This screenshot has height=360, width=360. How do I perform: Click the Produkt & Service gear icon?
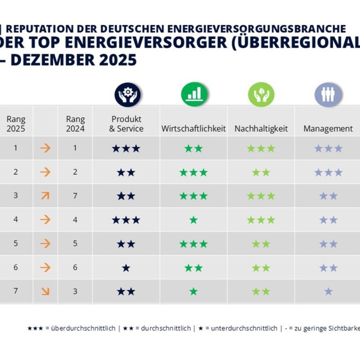point(127,95)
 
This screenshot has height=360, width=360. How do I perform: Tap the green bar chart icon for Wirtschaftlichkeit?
point(194,95)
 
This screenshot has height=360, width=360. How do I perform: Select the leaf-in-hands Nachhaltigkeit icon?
point(261,95)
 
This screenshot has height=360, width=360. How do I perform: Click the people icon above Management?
point(328,95)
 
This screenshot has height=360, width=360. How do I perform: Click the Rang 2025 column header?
point(16,124)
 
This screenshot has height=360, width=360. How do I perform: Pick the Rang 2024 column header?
point(75,124)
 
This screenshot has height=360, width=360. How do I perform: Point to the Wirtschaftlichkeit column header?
point(193,129)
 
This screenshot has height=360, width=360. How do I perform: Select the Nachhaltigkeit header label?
point(261,129)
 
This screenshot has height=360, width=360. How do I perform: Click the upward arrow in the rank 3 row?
point(45,196)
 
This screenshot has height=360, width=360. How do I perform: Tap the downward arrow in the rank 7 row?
point(45,291)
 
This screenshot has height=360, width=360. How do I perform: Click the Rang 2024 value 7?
point(75,196)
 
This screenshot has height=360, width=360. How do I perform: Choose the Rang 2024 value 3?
point(75,291)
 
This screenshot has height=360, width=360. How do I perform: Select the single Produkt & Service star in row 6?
point(126,268)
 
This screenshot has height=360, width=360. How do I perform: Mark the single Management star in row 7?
point(328,292)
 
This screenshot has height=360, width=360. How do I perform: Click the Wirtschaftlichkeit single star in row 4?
point(193,220)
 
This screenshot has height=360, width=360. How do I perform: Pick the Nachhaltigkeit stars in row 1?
point(261,148)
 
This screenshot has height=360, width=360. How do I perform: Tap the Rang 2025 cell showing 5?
point(16,243)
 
